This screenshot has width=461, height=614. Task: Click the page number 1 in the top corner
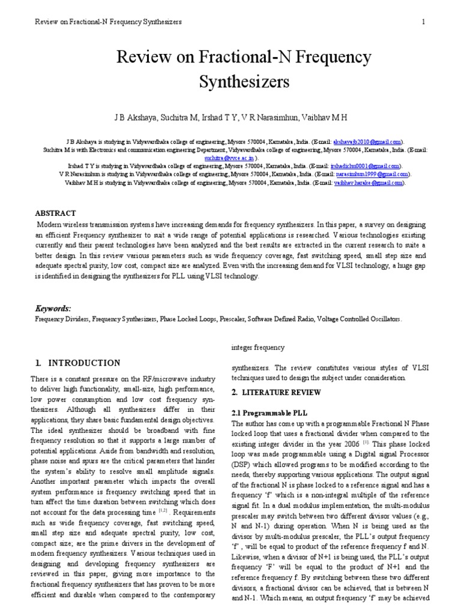coord(424,22)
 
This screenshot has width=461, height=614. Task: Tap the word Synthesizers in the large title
coord(230,81)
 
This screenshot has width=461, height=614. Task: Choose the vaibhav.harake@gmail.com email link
coord(368,183)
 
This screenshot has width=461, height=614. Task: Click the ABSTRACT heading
coord(56,213)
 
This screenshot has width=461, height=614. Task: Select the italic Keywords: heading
coord(53,308)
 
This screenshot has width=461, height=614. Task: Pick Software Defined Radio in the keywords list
coord(283,320)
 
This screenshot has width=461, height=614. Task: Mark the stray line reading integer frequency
coord(258,348)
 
